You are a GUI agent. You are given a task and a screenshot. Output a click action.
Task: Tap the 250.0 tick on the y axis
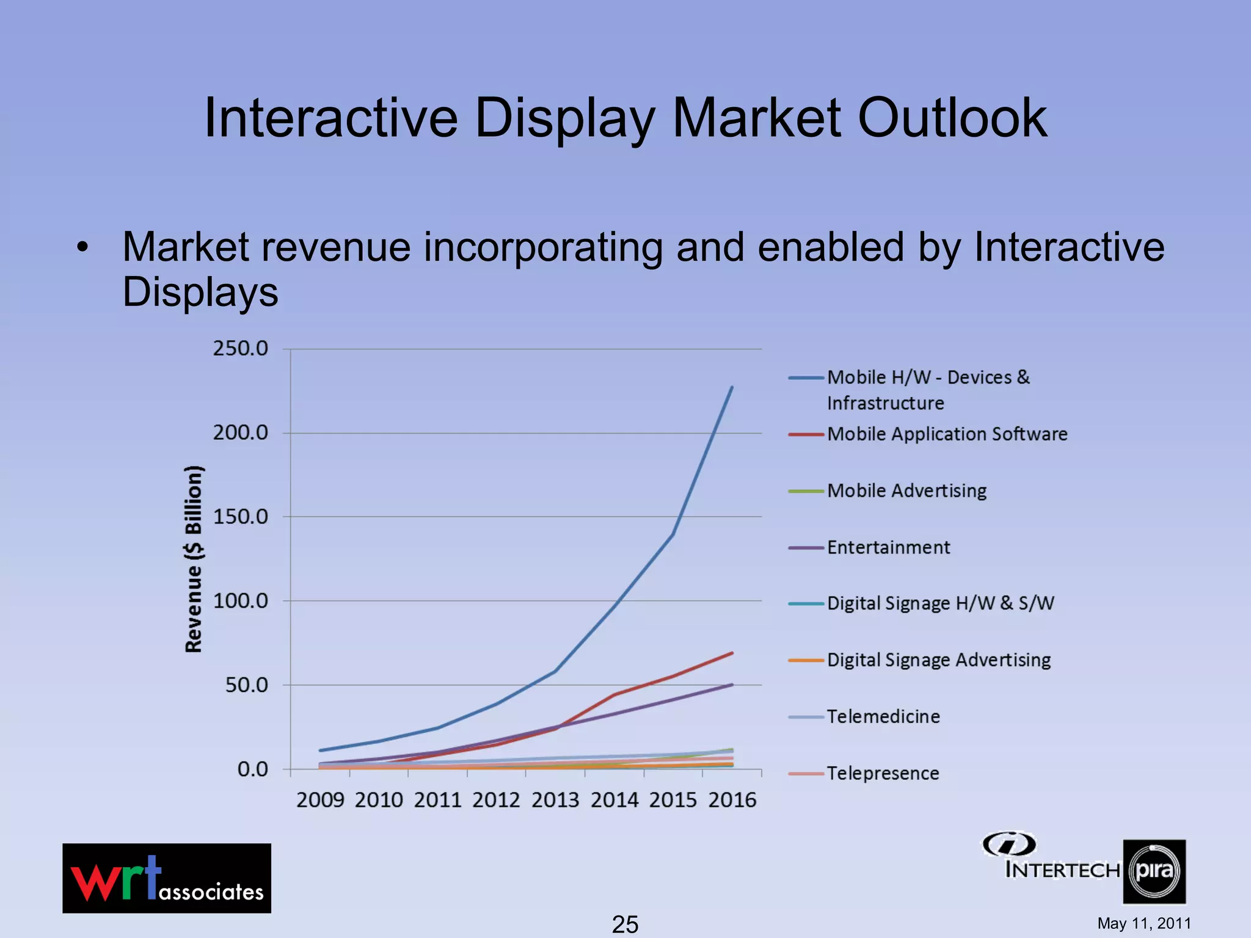click(x=240, y=349)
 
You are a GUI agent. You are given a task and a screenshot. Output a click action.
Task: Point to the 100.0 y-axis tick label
click(x=240, y=601)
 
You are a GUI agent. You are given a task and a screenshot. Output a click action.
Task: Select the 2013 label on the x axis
click(x=555, y=800)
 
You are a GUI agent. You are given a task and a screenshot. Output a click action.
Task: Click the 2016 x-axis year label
click(x=732, y=800)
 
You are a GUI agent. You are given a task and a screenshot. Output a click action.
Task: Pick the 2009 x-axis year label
click(x=320, y=800)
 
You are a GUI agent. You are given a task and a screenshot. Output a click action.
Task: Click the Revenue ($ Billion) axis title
click(x=194, y=559)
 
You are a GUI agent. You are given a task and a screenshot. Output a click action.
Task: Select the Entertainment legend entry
click(x=888, y=548)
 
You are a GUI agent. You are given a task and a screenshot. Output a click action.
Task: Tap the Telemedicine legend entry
click(x=883, y=716)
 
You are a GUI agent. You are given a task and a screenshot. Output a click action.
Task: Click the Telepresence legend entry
click(x=883, y=773)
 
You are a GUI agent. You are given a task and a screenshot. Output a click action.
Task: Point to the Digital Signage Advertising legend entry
click(x=938, y=660)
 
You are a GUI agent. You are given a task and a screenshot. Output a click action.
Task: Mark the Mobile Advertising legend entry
click(x=906, y=491)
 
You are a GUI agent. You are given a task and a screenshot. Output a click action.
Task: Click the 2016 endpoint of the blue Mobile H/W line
click(x=732, y=387)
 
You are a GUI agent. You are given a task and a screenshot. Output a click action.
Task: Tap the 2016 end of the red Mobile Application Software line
click(x=732, y=653)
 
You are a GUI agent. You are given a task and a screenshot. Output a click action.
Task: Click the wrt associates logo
click(x=167, y=878)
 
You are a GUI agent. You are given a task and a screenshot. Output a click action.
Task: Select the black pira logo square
click(x=1154, y=871)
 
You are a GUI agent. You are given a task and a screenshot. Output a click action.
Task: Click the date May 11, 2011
click(x=1143, y=923)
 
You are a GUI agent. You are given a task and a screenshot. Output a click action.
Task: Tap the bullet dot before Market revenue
click(x=83, y=248)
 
